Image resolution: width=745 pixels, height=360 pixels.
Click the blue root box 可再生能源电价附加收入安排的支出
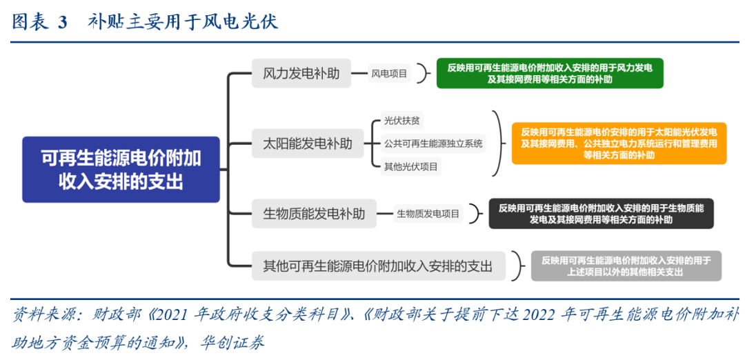121,170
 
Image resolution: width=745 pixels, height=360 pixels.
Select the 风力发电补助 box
301,73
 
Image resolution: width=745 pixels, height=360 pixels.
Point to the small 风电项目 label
390,73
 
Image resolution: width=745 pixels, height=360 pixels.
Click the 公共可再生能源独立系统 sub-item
433,144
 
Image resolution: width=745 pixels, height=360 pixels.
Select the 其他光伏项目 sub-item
411,167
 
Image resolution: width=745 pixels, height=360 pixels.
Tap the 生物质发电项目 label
428,214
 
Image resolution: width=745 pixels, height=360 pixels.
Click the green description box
550,73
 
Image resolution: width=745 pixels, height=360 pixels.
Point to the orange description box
619,143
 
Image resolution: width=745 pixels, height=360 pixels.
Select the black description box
601,214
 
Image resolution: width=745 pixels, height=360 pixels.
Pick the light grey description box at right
626,266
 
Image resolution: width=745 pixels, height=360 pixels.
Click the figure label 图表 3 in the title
39,22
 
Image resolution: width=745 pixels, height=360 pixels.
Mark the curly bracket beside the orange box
497,143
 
